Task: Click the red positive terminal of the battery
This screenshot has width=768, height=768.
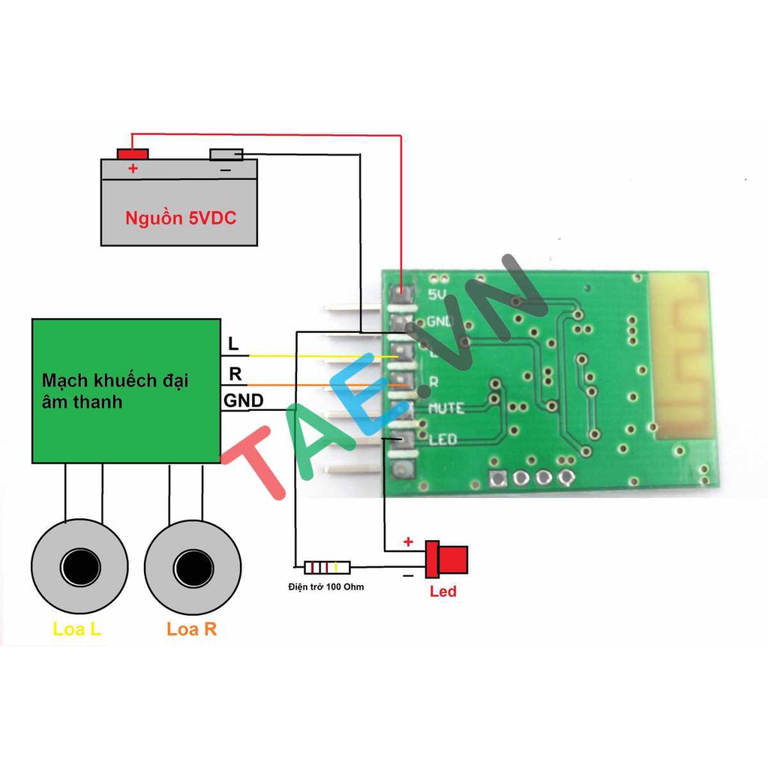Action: pyautogui.click(x=133, y=154)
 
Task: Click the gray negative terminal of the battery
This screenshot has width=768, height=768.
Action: pyautogui.click(x=226, y=154)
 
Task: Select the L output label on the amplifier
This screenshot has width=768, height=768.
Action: pyautogui.click(x=234, y=344)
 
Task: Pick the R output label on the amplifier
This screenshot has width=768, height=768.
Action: pyautogui.click(x=235, y=373)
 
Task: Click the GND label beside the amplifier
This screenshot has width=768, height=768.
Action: pyautogui.click(x=244, y=401)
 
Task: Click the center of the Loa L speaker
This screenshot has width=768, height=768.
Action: pyautogui.click(x=76, y=564)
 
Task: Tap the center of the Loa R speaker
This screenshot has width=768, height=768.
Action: pyautogui.click(x=192, y=564)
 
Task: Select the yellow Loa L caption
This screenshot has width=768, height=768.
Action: pyautogui.click(x=76, y=629)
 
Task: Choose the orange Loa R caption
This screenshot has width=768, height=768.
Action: pyautogui.click(x=192, y=629)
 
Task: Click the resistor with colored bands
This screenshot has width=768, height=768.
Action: pyautogui.click(x=324, y=568)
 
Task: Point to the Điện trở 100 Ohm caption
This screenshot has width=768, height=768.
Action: pyautogui.click(x=325, y=586)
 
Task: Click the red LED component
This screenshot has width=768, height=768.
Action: pyautogui.click(x=447, y=559)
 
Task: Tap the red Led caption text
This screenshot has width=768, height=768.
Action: pyautogui.click(x=443, y=592)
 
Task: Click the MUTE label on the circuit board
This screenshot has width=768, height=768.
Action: pyautogui.click(x=445, y=409)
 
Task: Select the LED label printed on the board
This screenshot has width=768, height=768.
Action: pyautogui.click(x=442, y=439)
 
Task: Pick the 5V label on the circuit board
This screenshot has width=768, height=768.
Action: pyautogui.click(x=436, y=294)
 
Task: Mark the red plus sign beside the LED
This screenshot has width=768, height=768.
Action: pyautogui.click(x=408, y=541)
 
